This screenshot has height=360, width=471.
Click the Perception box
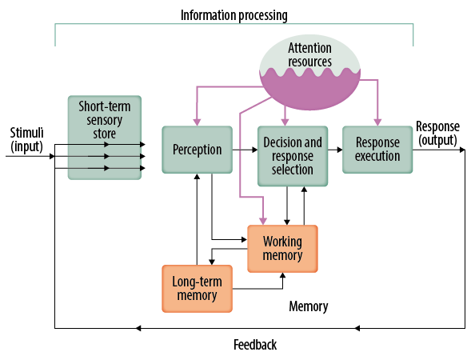pyautogui.click(x=197, y=150)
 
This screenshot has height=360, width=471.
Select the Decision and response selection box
pyautogui.click(x=293, y=156)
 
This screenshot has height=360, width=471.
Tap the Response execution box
pyautogui.click(x=377, y=150)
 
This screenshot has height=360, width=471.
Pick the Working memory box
pyautogui.click(x=282, y=249)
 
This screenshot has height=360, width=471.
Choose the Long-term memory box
pyautogui.click(x=197, y=289)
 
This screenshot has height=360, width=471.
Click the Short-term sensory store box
pyautogui.click(x=105, y=138)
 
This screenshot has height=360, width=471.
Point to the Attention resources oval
pyautogui.click(x=309, y=73)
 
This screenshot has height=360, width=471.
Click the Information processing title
pyautogui.click(x=234, y=15)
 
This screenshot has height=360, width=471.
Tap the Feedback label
pyautogui.click(x=255, y=345)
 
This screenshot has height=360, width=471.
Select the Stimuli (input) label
pyautogui.click(x=26, y=140)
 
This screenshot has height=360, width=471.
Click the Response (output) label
pyautogui.click(x=437, y=134)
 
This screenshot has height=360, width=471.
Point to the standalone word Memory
pyautogui.click(x=309, y=306)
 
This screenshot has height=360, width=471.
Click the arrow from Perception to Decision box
pyautogui.click(x=245, y=150)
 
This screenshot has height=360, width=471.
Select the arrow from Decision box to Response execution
pyautogui.click(x=335, y=150)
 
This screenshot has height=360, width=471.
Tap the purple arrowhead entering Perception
pyautogui.click(x=197, y=122)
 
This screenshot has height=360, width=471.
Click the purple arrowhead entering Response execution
pyautogui.click(x=377, y=122)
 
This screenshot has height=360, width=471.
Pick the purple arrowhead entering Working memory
pyautogui.click(x=263, y=221)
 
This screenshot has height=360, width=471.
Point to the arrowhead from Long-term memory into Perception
pyautogui.click(x=197, y=177)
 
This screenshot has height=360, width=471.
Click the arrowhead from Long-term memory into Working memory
pyautogui.click(x=282, y=275)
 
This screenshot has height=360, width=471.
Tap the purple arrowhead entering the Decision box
pyautogui.click(x=285, y=122)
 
